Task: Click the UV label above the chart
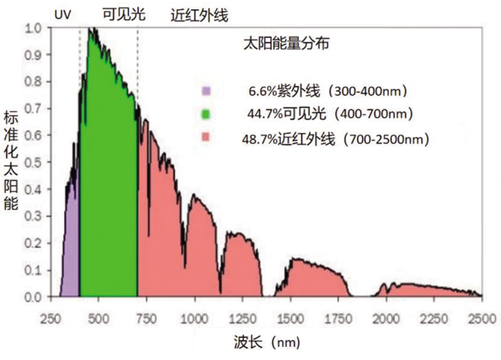click(x=63, y=14)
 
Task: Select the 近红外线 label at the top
click(x=199, y=14)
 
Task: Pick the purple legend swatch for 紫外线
click(x=205, y=91)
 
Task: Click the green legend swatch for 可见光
click(x=205, y=114)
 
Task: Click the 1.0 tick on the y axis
click(x=33, y=29)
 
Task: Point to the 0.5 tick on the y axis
click(x=33, y=163)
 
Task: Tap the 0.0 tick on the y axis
click(x=33, y=297)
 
